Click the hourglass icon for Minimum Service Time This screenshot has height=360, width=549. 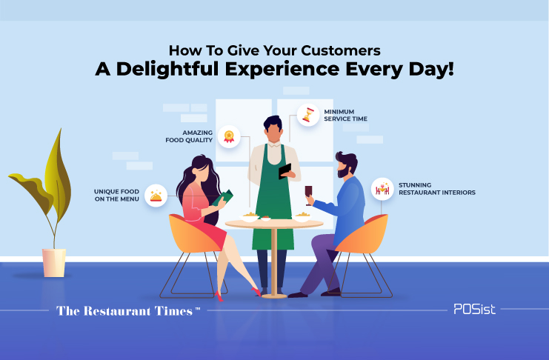pyautogui.click(x=308, y=115)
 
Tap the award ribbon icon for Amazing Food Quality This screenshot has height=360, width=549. pyautogui.click(x=229, y=136)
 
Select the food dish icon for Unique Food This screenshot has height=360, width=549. pyautogui.click(x=156, y=196)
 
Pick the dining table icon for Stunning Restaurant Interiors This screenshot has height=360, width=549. pyautogui.click(x=382, y=189)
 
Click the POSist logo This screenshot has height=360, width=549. pyautogui.click(x=474, y=309)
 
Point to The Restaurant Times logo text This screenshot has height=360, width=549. pyautogui.click(x=128, y=311)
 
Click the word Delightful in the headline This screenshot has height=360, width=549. pyautogui.click(x=167, y=69)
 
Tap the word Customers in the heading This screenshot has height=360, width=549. pyautogui.click(x=341, y=50)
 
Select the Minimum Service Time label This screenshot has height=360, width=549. pyautogui.click(x=345, y=116)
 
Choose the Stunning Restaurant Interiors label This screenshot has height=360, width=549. pyautogui.click(x=437, y=189)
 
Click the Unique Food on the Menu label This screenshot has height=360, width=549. pyautogui.click(x=116, y=195)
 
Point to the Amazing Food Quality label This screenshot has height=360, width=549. pyautogui.click(x=189, y=136)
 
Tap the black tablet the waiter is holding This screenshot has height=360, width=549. pyautogui.click(x=285, y=171)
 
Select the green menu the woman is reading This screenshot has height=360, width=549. pyautogui.click(x=222, y=198)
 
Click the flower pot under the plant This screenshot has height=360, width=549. pyautogui.click(x=54, y=263)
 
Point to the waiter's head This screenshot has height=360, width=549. pyautogui.click(x=273, y=129)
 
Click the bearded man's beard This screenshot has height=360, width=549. pyautogui.click(x=342, y=172)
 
